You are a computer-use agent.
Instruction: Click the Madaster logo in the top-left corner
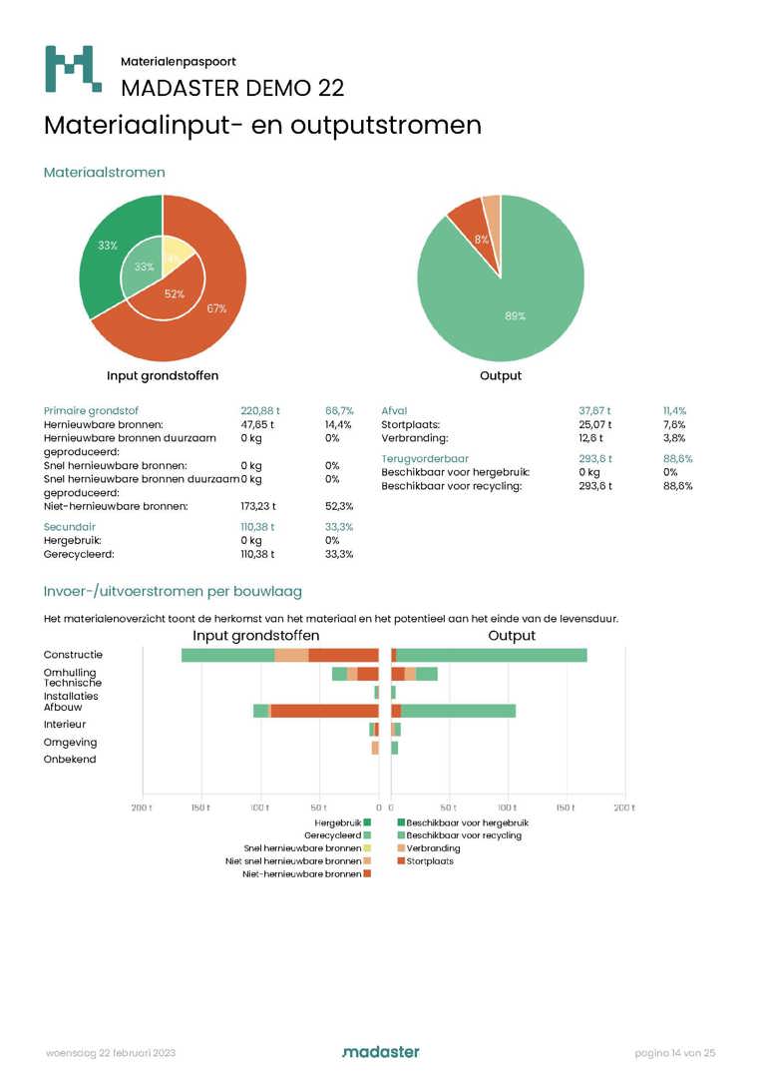coord(73,69)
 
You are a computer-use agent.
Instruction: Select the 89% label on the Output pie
coord(515,315)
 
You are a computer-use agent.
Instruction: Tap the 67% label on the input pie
coord(216,308)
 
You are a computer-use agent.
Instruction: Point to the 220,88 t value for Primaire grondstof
coord(260,410)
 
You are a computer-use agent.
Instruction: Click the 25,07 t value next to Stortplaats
coord(595,424)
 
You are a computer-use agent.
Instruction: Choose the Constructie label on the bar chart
coord(73,655)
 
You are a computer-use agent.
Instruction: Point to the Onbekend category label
coord(70,760)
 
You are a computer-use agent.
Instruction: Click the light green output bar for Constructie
coord(491,655)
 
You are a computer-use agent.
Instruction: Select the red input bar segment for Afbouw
coord(324,711)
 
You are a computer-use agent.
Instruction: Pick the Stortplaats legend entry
coord(430,860)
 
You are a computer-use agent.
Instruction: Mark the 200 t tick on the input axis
coord(143,806)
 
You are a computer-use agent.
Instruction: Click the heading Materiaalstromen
coord(104,173)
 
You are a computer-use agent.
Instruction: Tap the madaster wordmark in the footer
coord(380,1052)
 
